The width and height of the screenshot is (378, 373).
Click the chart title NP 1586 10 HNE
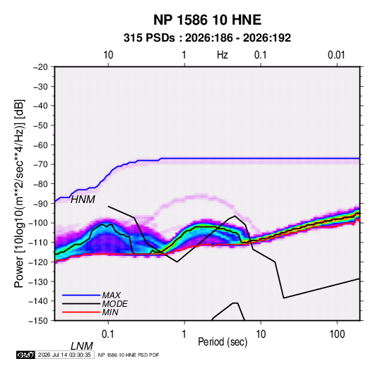[207, 20]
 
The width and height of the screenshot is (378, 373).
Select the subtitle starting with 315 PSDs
[207, 38]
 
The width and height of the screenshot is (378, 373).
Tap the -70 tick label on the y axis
[40, 164]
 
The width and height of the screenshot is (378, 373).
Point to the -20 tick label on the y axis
[40, 67]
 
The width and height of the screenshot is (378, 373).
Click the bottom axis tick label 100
[337, 334]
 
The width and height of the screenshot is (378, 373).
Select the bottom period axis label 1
[184, 334]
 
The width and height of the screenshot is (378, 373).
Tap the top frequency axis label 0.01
[336, 55]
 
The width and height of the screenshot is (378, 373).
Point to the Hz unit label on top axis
[223, 55]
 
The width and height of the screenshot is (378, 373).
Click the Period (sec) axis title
[223, 342]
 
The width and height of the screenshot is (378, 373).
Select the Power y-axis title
[19, 193]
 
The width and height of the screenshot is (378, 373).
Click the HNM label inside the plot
[83, 200]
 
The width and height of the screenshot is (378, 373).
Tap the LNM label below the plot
[81, 346]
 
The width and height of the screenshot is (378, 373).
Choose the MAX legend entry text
[112, 295]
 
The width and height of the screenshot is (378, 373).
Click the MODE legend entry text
[114, 304]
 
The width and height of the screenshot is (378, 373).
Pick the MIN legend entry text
[110, 312]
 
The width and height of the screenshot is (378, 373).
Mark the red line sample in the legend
[81, 312]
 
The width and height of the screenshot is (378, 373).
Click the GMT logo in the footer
[25, 355]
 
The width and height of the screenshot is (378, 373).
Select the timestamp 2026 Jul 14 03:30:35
[64, 355]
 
